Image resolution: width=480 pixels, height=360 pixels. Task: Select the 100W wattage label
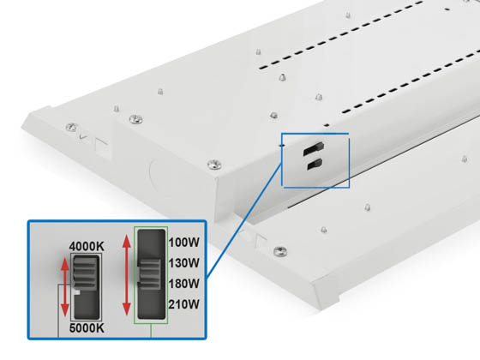[x=184, y=243]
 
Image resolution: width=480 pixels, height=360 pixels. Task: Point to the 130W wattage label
[x=184, y=262]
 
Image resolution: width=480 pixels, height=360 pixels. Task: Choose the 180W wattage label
[x=184, y=283]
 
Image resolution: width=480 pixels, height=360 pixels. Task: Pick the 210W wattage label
[x=184, y=303]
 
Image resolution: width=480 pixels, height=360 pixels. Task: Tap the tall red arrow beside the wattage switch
[x=127, y=273]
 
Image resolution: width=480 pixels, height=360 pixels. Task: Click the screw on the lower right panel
[x=279, y=251]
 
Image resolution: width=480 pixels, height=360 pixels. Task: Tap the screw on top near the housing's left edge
[x=133, y=118]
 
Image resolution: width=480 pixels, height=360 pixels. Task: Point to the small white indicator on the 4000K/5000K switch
[x=76, y=291]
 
